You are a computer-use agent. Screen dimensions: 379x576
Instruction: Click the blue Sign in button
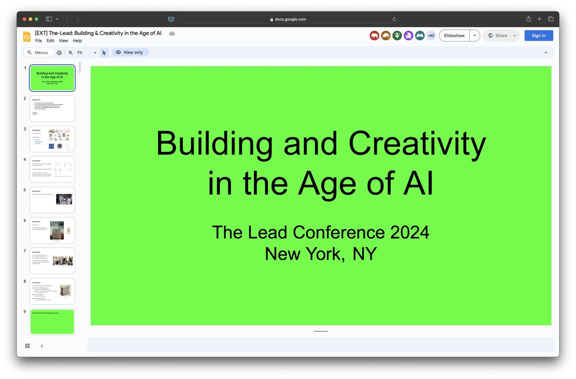(x=539, y=36)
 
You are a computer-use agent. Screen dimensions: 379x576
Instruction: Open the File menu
(x=38, y=41)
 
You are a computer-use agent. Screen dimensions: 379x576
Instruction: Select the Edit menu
(x=50, y=41)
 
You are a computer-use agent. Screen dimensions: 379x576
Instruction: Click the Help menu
(x=77, y=41)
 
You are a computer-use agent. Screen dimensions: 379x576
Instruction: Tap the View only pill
(x=130, y=52)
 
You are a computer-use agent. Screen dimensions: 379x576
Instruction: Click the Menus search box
(x=38, y=52)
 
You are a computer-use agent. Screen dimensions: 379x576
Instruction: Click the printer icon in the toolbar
(x=59, y=53)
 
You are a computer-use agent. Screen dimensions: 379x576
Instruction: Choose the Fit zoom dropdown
(x=86, y=53)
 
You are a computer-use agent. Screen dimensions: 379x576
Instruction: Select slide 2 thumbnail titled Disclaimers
(x=52, y=108)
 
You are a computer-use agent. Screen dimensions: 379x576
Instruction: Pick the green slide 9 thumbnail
(x=52, y=321)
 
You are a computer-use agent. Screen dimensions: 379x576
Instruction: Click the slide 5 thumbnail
(x=52, y=200)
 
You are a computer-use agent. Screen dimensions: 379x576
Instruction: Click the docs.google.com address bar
(x=288, y=19)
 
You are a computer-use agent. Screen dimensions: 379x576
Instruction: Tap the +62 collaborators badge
(x=431, y=36)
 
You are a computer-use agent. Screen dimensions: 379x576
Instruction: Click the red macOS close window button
(x=24, y=19)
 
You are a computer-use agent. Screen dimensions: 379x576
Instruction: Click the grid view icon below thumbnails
(x=27, y=346)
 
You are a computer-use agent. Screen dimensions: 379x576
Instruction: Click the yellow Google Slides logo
(x=27, y=36)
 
